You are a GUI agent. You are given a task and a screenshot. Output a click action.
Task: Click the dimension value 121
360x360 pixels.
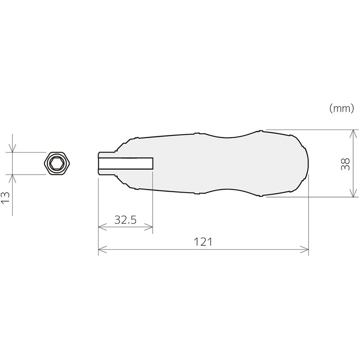click(203, 242)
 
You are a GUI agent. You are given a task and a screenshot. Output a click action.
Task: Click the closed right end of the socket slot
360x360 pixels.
click(153, 163)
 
